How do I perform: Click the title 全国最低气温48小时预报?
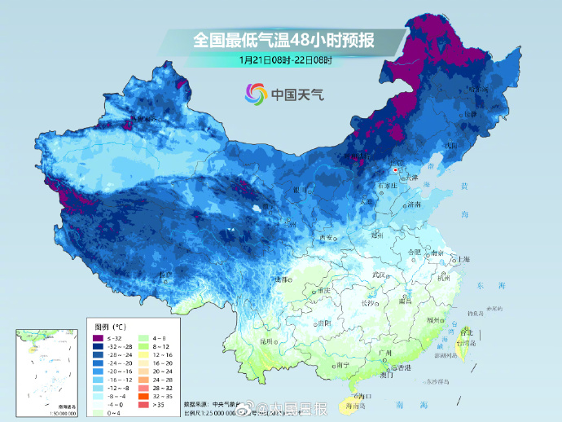(284, 39)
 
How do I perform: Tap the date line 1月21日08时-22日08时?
(285, 59)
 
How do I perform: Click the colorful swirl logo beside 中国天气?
(256, 95)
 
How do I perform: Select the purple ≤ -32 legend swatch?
(97, 338)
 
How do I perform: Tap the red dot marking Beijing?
(395, 171)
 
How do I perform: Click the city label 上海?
(463, 258)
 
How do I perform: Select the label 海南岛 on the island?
(353, 404)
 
